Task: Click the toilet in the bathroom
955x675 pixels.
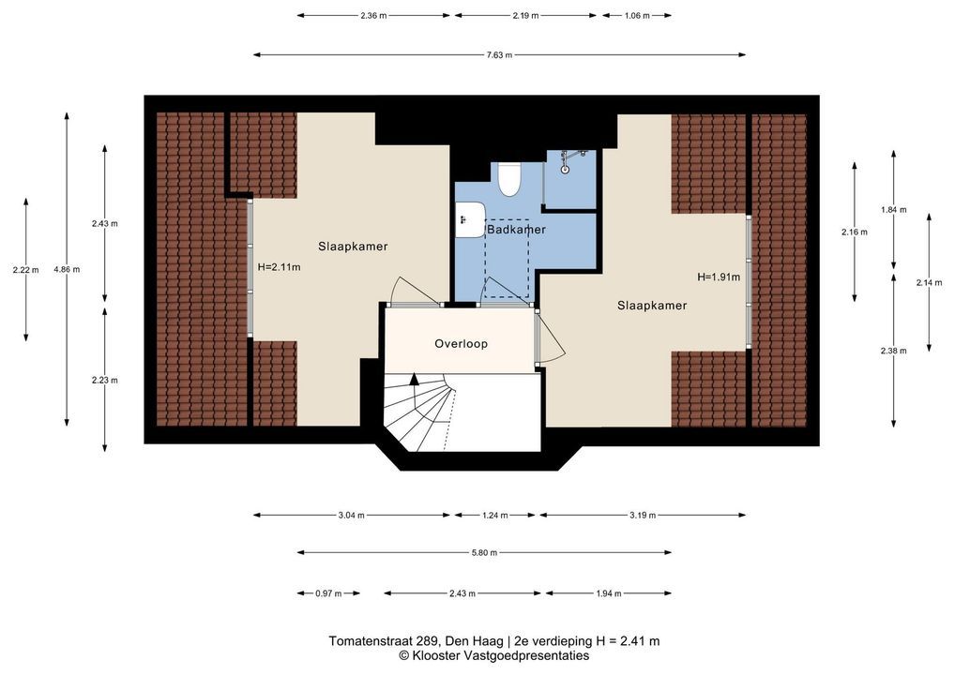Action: [508, 179]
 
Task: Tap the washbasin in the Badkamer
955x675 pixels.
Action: [470, 219]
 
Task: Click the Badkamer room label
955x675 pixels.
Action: [516, 230]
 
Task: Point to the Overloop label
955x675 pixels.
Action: [461, 344]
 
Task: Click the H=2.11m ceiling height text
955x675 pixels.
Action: [279, 267]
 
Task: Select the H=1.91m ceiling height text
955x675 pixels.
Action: [719, 277]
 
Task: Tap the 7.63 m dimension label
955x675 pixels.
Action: [499, 54]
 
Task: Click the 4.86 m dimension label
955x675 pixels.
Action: [67, 269]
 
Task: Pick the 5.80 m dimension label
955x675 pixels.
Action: [484, 553]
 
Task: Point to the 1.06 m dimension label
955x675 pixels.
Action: [637, 16]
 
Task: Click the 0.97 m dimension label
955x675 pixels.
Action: [329, 593]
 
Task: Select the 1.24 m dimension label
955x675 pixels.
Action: [495, 516]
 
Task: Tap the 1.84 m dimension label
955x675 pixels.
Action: [893, 210]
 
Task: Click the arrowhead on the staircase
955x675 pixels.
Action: [414, 379]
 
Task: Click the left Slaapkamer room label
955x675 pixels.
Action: [353, 247]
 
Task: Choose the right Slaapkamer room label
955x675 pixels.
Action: [652, 306]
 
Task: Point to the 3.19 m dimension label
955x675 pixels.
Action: [643, 516]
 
